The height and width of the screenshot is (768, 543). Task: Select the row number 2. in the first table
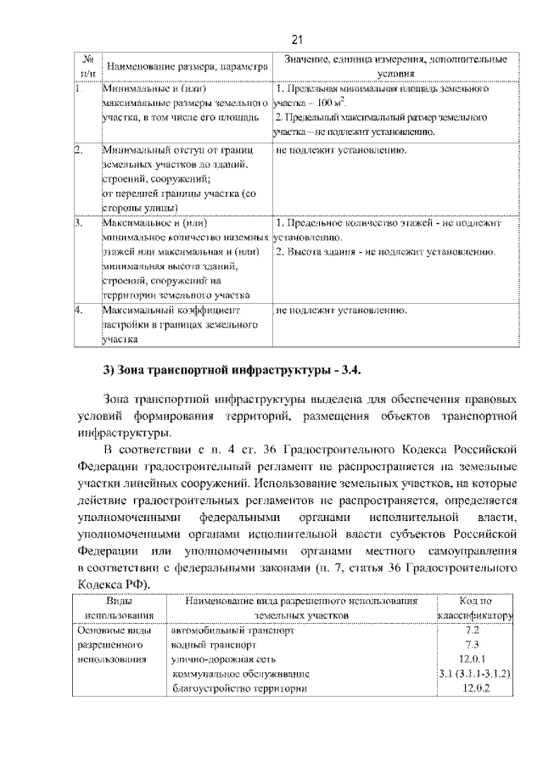(76, 150)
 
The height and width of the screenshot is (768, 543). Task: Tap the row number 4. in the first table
(76, 310)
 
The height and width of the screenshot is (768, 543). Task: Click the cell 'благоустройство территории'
(238, 687)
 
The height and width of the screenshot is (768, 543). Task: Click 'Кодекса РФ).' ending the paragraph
(114, 585)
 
